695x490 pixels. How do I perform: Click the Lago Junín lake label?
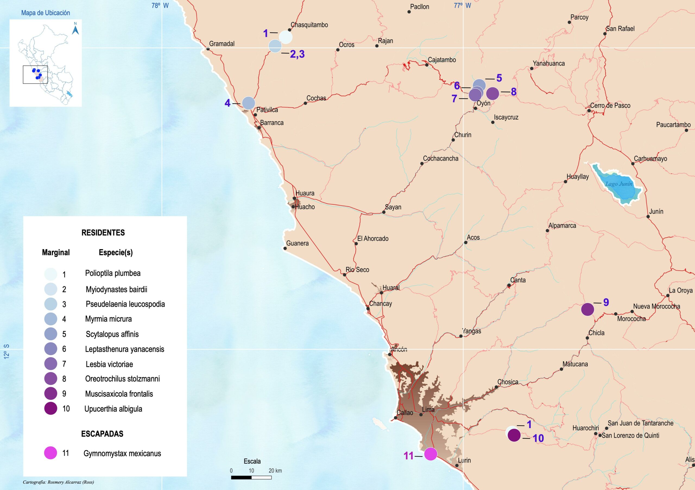point(619,184)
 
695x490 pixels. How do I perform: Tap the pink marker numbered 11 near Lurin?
point(431,454)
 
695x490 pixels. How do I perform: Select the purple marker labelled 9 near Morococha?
point(587,309)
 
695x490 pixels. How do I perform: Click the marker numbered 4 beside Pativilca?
point(248,103)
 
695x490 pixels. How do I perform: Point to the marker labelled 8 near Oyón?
point(492,93)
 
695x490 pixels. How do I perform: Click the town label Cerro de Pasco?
point(610,105)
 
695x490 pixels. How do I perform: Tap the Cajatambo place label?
point(442,60)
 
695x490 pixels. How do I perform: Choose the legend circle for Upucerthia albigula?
point(50,408)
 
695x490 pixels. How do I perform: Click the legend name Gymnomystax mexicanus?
point(122,453)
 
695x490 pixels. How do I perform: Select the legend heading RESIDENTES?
point(103,233)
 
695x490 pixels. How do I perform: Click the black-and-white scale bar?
point(251,477)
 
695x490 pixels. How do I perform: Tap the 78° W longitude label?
point(160,5)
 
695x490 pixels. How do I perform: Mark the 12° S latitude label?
point(7,351)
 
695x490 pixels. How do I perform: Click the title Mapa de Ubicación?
point(45,13)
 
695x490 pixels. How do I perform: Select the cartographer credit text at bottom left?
point(58,482)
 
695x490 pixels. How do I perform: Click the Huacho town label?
point(305,207)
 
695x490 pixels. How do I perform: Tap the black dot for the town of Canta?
point(509,285)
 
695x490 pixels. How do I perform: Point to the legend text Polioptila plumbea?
point(113,273)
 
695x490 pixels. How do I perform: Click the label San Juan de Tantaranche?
point(640,423)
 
